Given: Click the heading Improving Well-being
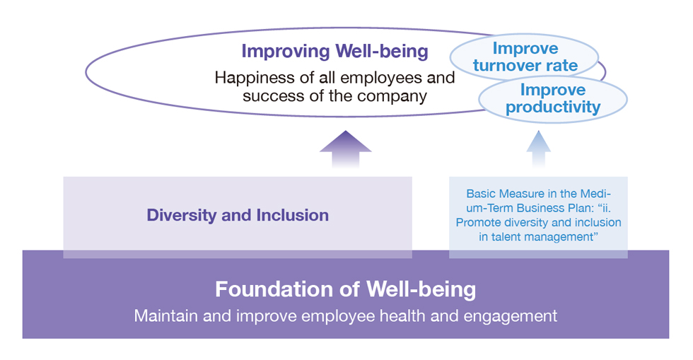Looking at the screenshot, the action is pos(334,52).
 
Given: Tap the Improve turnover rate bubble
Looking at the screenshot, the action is pos(525,57).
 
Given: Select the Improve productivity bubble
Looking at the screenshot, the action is pos(553,98).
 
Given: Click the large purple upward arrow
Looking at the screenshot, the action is pos(346,149).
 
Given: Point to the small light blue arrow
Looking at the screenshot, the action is pos(539,149).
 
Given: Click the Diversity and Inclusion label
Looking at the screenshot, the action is pos(238,216).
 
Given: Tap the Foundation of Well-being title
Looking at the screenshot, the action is pos(346,289).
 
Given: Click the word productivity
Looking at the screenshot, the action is pos(553,107).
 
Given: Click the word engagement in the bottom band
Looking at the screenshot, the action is pos(510,316).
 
